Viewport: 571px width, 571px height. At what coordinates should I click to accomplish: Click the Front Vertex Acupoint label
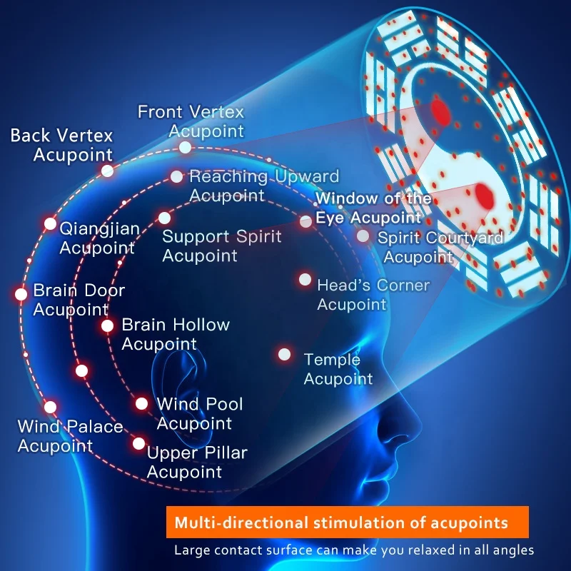click(191, 121)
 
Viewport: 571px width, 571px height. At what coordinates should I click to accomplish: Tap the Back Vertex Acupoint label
click(62, 145)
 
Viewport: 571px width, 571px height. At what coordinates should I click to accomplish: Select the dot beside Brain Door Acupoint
click(21, 293)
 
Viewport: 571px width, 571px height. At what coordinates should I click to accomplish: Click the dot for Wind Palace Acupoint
click(50, 407)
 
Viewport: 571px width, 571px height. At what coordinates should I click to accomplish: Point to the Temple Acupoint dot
click(285, 353)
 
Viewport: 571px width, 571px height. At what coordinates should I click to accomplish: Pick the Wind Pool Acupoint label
click(199, 413)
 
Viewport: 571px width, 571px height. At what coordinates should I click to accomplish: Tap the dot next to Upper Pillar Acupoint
click(138, 443)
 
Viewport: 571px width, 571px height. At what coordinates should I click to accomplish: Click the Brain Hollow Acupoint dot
click(107, 325)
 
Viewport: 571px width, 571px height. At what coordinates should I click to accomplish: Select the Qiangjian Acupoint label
click(98, 238)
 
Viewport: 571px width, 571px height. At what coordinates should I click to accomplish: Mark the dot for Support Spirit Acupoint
click(164, 218)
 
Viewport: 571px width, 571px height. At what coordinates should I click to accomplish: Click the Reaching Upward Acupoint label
click(263, 186)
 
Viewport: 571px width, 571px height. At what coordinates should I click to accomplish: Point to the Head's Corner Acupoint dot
click(305, 279)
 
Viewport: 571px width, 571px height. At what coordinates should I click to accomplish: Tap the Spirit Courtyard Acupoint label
click(439, 247)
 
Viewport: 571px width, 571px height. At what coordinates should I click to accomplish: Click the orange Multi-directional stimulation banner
click(347, 522)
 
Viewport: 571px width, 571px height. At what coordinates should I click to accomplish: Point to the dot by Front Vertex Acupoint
click(186, 147)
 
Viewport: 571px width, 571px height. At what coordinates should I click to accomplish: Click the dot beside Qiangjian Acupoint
click(50, 223)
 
